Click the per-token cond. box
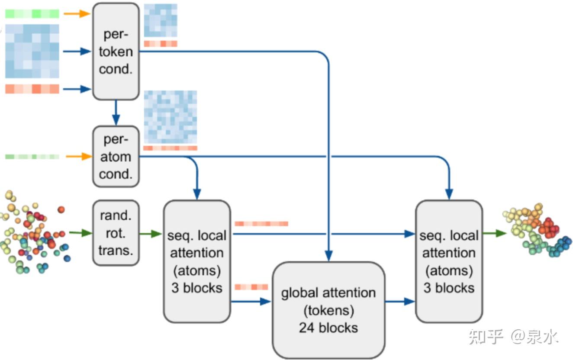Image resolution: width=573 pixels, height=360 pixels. (116, 51)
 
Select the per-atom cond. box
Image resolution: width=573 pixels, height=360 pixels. (116, 157)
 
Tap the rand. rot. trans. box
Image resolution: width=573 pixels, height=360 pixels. (116, 233)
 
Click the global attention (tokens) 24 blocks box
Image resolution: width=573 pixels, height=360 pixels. (328, 310)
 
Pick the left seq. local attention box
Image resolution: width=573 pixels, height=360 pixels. (197, 261)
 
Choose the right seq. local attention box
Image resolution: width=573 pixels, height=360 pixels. (449, 261)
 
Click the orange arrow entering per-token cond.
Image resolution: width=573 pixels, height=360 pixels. (77, 13)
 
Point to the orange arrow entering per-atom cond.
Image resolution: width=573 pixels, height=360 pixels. (79, 156)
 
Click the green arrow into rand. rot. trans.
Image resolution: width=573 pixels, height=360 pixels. (80, 233)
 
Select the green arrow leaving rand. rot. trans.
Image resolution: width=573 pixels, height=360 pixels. (151, 234)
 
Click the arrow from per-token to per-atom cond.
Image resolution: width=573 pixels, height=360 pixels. (116, 112)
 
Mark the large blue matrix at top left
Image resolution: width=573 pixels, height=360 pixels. (32, 51)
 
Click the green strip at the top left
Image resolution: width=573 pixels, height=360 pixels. (32, 14)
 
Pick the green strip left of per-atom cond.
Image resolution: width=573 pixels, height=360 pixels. (32, 157)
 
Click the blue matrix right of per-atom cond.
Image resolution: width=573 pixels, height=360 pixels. (171, 117)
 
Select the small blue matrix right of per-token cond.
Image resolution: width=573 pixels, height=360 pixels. (161, 20)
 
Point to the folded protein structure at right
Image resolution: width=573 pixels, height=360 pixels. (537, 230)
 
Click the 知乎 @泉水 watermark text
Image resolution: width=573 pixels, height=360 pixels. (513, 337)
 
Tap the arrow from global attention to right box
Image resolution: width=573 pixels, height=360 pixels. (400, 302)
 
